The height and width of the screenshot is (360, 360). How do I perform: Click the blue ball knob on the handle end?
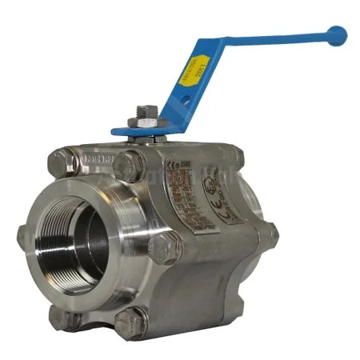pos(338,34)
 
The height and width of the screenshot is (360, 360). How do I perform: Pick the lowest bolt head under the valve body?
pos(130,322)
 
